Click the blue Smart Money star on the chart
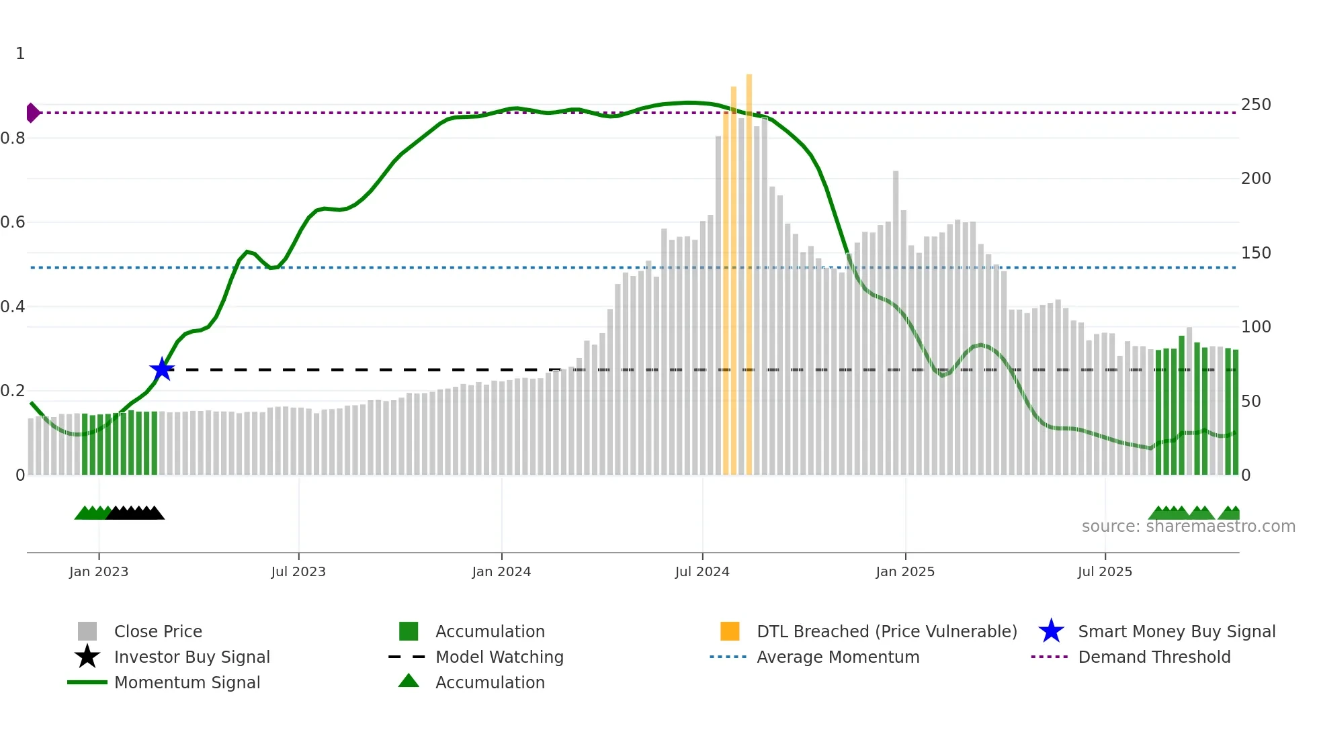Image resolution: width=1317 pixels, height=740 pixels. (162, 369)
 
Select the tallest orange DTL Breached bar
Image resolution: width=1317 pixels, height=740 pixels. (749, 269)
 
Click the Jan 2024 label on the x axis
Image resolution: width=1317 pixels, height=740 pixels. (501, 571)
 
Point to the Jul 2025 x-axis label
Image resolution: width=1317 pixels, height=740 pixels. (1105, 571)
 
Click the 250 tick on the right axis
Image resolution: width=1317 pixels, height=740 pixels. (1256, 105)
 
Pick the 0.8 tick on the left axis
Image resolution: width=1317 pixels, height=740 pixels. (13, 138)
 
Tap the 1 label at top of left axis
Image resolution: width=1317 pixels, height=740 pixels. (20, 54)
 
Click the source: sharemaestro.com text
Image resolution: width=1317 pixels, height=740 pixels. (1188, 526)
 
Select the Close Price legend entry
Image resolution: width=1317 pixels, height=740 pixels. (158, 631)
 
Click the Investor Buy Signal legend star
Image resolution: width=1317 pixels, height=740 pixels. (87, 657)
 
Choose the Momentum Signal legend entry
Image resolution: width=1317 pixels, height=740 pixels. (187, 682)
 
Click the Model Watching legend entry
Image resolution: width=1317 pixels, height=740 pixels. (499, 657)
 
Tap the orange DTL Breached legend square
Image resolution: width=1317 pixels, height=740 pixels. (730, 631)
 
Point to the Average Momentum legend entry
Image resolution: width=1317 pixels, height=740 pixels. (838, 657)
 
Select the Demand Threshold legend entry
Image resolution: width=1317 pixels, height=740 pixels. (1154, 657)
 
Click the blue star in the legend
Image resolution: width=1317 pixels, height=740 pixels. (1051, 631)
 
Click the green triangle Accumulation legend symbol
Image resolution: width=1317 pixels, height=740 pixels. (409, 682)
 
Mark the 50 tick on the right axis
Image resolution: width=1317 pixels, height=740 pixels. (1250, 402)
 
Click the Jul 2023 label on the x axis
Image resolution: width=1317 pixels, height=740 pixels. (298, 571)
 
